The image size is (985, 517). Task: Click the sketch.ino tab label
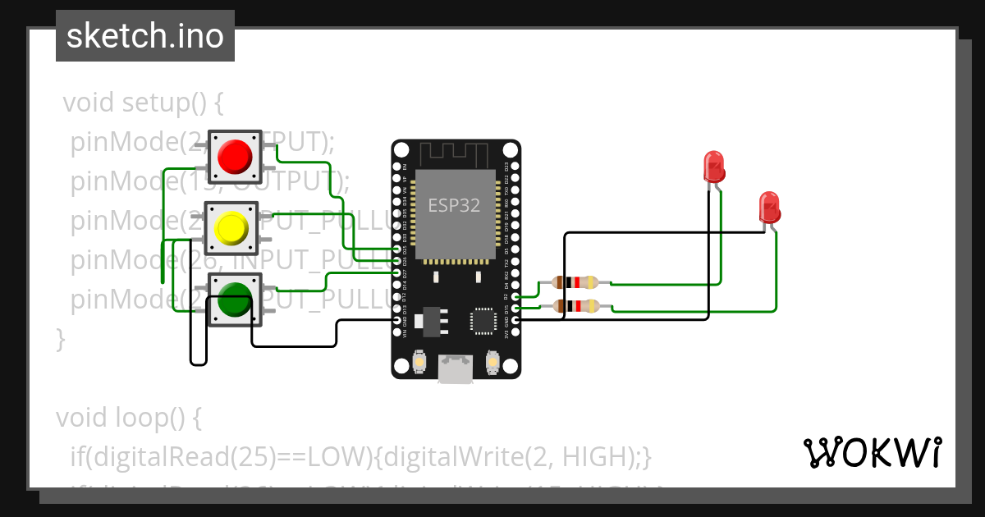[144, 36]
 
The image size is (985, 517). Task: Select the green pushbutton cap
[234, 300]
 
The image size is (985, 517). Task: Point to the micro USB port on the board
[456, 369]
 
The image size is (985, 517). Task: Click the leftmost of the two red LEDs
[713, 166]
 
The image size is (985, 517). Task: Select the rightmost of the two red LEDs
[769, 207]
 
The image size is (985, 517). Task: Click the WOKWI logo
[872, 452]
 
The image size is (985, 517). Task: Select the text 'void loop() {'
[128, 418]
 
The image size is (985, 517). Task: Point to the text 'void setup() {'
[143, 103]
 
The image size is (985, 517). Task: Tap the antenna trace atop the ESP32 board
[455, 153]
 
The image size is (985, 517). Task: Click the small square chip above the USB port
[483, 321]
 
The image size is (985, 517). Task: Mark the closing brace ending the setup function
[60, 337]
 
